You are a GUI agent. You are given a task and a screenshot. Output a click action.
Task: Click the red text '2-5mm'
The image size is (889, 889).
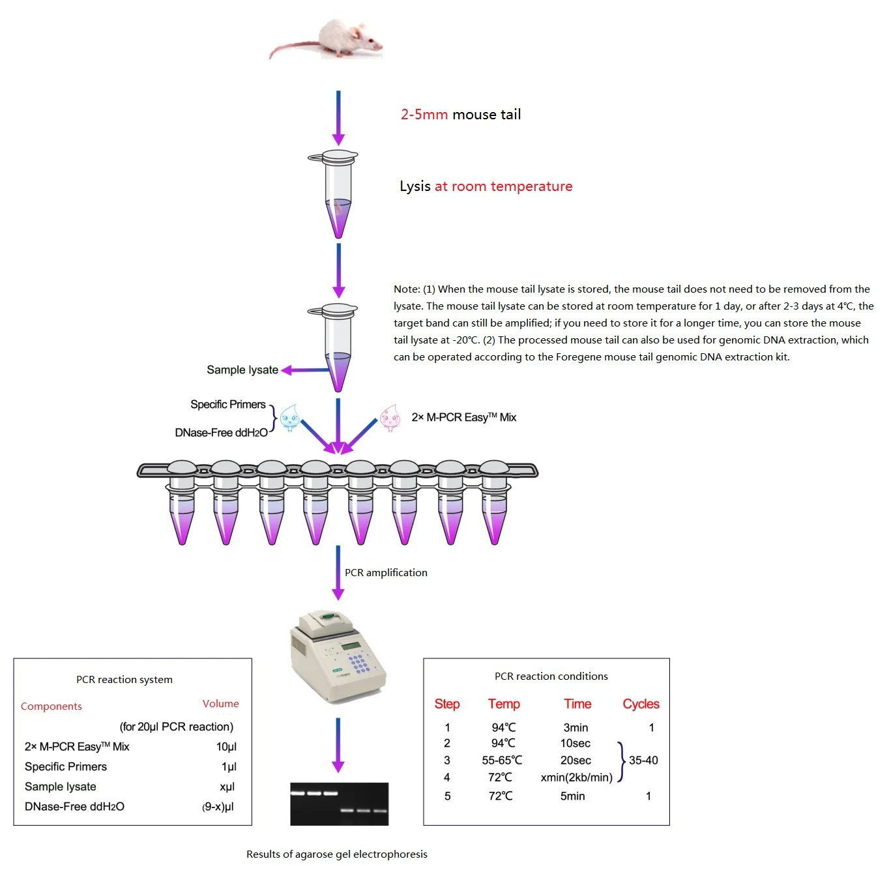coord(424,115)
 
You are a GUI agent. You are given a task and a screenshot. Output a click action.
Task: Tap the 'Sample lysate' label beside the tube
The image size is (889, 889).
coord(242,370)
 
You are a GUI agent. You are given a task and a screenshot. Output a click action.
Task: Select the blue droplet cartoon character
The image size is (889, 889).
coord(289,418)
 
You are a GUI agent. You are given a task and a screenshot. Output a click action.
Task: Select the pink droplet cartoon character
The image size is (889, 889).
coord(390,418)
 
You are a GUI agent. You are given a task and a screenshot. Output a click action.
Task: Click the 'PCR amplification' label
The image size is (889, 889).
coord(386,573)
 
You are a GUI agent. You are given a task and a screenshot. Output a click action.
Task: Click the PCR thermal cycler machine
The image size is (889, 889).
coord(338,656)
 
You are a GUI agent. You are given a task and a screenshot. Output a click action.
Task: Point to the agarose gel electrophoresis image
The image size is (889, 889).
coord(339,804)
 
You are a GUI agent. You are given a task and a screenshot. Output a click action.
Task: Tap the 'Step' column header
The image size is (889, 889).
coord(447,704)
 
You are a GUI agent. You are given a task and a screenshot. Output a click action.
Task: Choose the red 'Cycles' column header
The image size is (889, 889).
coord(641,704)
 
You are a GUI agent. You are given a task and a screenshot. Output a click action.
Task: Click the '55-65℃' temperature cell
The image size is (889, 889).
coord(502,760)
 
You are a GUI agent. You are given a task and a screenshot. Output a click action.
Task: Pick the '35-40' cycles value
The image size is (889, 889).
coord(643,760)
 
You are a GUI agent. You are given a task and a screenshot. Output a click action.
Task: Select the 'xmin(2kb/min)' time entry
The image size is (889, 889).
coord(576,778)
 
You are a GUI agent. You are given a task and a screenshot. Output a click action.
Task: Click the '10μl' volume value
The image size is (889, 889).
coord(226,747)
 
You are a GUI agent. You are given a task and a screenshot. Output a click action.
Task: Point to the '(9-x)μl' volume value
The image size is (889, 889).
coord(218,807)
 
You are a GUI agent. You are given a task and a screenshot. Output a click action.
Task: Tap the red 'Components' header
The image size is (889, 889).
coord(51,707)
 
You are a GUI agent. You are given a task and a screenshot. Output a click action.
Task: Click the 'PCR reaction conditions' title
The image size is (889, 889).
coord(551,677)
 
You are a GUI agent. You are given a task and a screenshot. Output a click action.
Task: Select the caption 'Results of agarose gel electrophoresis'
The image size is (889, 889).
coord(336,854)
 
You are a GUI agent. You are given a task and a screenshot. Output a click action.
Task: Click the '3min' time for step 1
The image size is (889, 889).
coord(576,727)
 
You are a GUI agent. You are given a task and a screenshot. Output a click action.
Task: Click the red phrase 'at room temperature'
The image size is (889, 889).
coord(503,186)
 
